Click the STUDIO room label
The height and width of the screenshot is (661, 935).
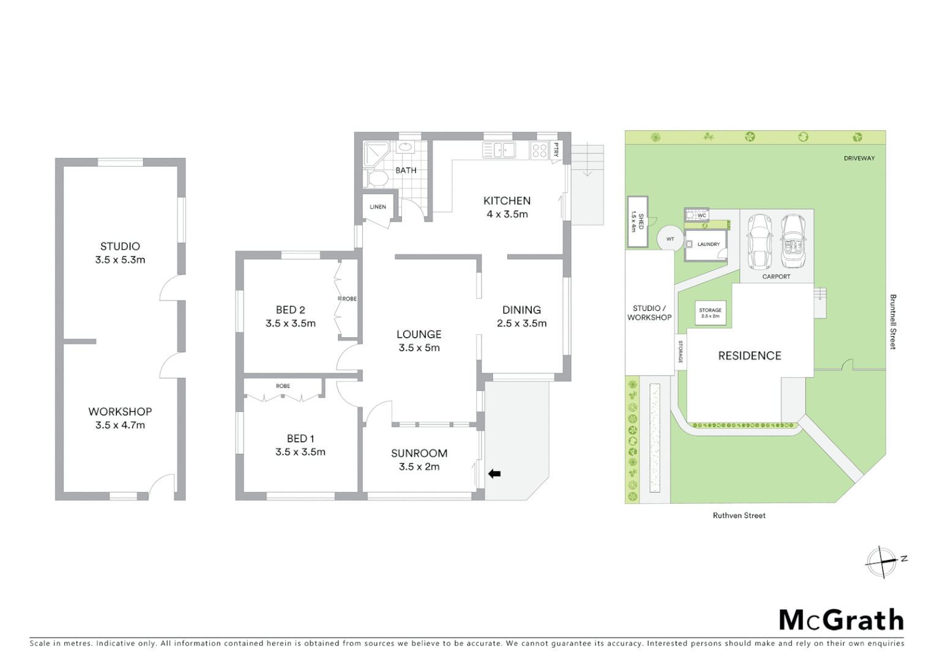click(120, 247)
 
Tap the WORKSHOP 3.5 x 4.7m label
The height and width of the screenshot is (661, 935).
click(120, 418)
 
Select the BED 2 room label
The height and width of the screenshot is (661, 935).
click(290, 310)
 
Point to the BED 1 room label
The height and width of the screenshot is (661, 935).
click(300, 439)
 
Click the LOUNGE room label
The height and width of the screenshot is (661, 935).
click(419, 335)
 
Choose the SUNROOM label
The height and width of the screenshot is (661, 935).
click(419, 454)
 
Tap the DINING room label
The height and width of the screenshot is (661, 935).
click(521, 310)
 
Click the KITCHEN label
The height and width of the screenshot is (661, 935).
click(507, 201)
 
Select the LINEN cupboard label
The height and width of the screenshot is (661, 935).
click(378, 207)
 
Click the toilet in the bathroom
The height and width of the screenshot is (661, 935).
click(378, 179)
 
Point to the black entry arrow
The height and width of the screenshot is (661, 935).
click(494, 473)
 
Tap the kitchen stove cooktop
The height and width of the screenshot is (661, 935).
click(539, 150)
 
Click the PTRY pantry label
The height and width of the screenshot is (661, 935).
click(556, 150)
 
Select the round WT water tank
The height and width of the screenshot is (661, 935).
click(670, 239)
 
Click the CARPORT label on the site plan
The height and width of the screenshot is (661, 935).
click(776, 277)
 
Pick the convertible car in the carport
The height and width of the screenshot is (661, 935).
click(792, 242)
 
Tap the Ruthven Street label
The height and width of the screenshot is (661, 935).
click(739, 516)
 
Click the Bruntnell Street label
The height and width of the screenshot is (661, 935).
click(893, 322)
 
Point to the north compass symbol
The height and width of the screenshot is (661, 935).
click(882, 561)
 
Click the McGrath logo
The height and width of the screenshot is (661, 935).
click(841, 620)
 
